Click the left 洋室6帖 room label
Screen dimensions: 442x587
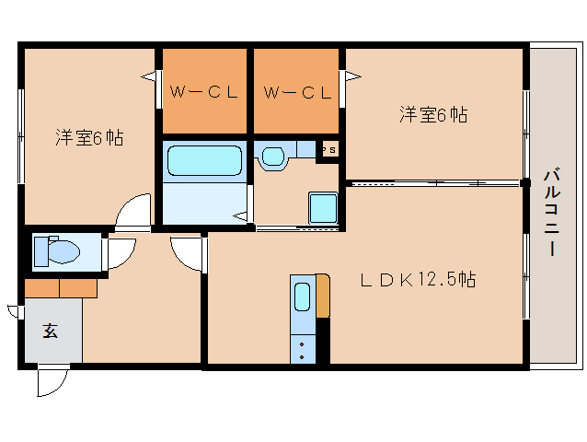click(89, 138)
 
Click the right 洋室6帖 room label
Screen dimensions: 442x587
click(433, 115)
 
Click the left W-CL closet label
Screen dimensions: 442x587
click(204, 91)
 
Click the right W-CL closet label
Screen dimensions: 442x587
click(296, 91)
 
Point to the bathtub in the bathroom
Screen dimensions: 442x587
click(203, 162)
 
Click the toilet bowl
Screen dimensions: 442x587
click(63, 250)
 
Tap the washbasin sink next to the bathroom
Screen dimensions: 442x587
click(273, 157)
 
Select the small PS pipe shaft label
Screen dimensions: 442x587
click(328, 147)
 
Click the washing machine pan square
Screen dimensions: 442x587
click(323, 207)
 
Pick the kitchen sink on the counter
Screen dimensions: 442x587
click(303, 297)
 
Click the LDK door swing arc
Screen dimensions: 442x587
click(187, 253)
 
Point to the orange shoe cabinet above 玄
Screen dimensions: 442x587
click(61, 287)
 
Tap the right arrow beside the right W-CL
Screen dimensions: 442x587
click(350, 77)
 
